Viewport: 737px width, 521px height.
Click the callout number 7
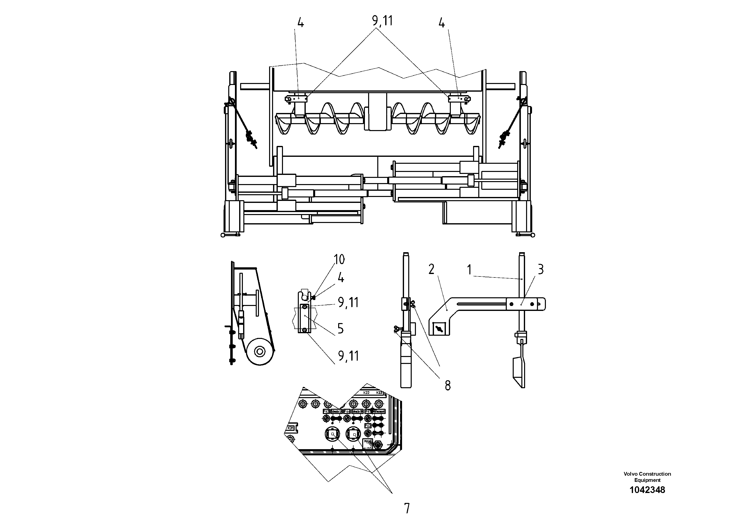tap(407, 508)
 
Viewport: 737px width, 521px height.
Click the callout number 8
tap(447, 385)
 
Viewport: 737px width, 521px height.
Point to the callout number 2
tap(431, 269)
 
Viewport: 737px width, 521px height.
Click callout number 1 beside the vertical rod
tap(469, 270)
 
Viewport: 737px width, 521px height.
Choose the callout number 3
tap(540, 270)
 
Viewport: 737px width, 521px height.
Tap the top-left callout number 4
tap(301, 23)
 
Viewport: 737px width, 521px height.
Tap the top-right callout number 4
tap(442, 23)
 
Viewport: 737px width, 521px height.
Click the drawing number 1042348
tap(647, 490)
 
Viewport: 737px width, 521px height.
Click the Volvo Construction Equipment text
tap(647, 477)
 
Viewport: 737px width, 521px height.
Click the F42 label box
tap(368, 425)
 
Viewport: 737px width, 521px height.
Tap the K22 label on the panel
tap(366, 392)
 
